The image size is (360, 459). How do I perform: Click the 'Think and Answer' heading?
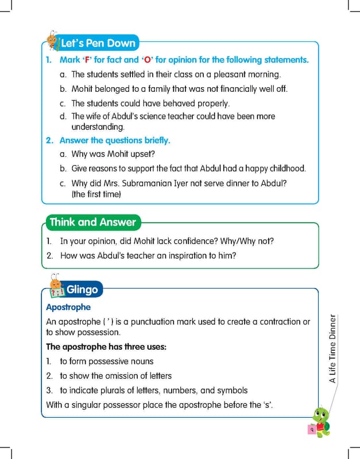tap(93, 223)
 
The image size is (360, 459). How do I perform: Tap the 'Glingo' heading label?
tap(82, 290)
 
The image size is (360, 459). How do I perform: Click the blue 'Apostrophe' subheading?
tap(68, 308)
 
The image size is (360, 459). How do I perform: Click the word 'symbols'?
tap(233, 390)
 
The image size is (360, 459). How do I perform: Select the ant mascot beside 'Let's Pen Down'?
tap(52, 40)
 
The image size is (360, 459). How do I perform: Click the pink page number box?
tap(311, 429)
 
